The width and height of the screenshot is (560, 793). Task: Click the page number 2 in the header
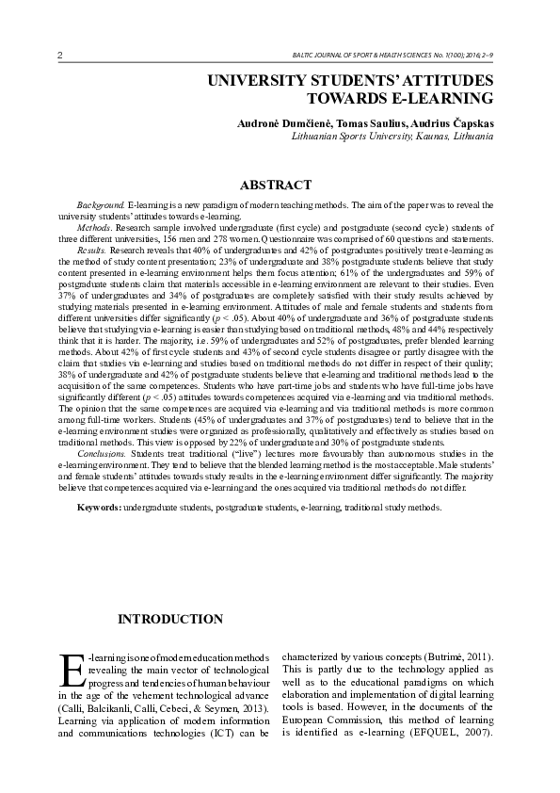[60, 56]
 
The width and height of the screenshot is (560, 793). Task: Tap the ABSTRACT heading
[276, 185]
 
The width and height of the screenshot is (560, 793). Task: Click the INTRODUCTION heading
[169, 619]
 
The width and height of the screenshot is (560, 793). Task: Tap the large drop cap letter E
[72, 671]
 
